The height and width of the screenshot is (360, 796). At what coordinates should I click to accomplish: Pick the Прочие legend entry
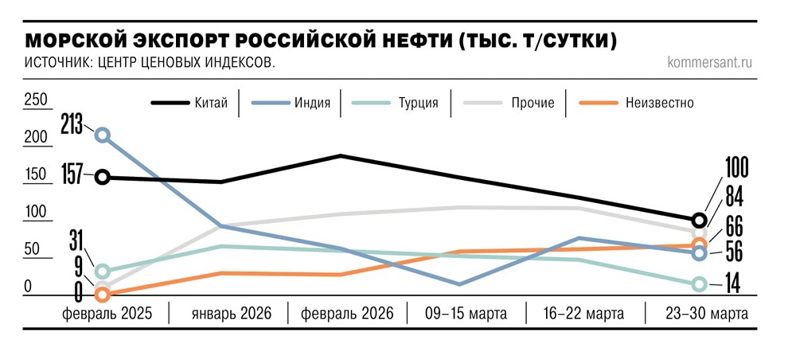click(x=533, y=103)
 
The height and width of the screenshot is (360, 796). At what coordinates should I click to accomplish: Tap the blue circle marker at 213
click(x=102, y=135)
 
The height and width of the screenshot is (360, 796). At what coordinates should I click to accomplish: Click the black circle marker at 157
click(x=102, y=177)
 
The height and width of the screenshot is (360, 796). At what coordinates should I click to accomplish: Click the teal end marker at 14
click(x=699, y=284)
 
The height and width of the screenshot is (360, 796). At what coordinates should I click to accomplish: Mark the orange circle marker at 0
click(x=102, y=295)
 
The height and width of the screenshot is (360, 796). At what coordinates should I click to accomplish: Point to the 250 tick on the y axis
click(x=36, y=100)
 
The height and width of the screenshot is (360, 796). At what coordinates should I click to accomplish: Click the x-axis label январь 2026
click(x=232, y=314)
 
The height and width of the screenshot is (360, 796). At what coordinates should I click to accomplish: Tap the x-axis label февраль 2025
click(x=107, y=314)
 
